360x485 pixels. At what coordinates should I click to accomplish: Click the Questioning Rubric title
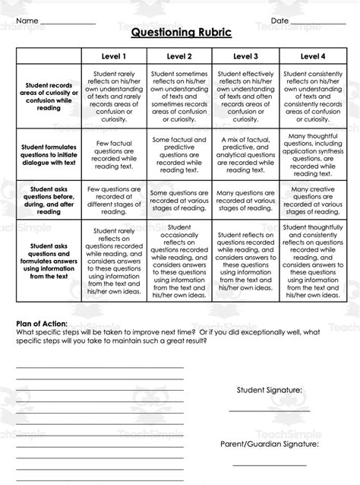(180, 33)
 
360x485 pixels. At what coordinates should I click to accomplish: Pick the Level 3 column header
(245, 55)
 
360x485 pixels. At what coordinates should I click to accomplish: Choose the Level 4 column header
(313, 55)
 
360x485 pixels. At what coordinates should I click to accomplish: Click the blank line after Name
(68, 23)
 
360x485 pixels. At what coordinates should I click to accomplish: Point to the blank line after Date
(319, 23)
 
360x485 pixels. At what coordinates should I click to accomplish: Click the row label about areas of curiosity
(49, 97)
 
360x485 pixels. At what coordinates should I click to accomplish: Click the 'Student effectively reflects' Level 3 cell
(245, 97)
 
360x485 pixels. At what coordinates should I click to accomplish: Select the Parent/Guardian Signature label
(270, 443)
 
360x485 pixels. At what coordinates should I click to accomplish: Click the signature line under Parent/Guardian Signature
(270, 464)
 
